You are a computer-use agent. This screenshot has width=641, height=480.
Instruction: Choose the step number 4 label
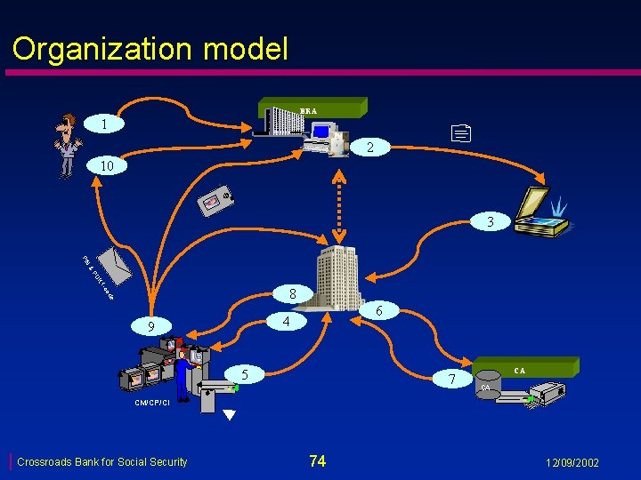287,320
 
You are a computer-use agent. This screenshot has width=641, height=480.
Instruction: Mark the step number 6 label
379,310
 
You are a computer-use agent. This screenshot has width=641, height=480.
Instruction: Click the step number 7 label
454,380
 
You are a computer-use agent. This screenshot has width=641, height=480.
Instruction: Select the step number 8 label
291,292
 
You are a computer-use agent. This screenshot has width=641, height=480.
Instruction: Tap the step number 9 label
151,327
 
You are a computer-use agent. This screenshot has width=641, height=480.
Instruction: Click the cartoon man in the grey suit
67,147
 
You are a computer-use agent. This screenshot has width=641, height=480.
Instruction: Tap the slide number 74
317,460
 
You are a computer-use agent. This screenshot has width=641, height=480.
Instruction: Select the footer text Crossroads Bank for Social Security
102,461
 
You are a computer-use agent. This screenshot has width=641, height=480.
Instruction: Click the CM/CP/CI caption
152,403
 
